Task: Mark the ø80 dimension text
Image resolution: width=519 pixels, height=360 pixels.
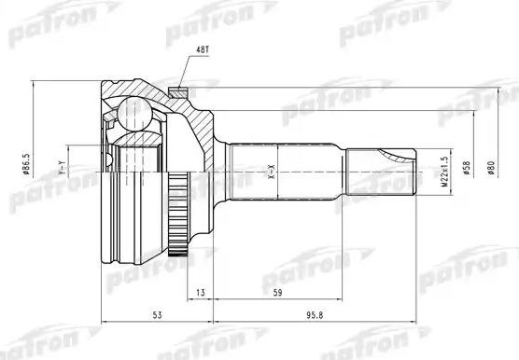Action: tap(489, 171)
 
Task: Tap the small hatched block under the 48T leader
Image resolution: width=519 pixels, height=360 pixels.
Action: tap(179, 92)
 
